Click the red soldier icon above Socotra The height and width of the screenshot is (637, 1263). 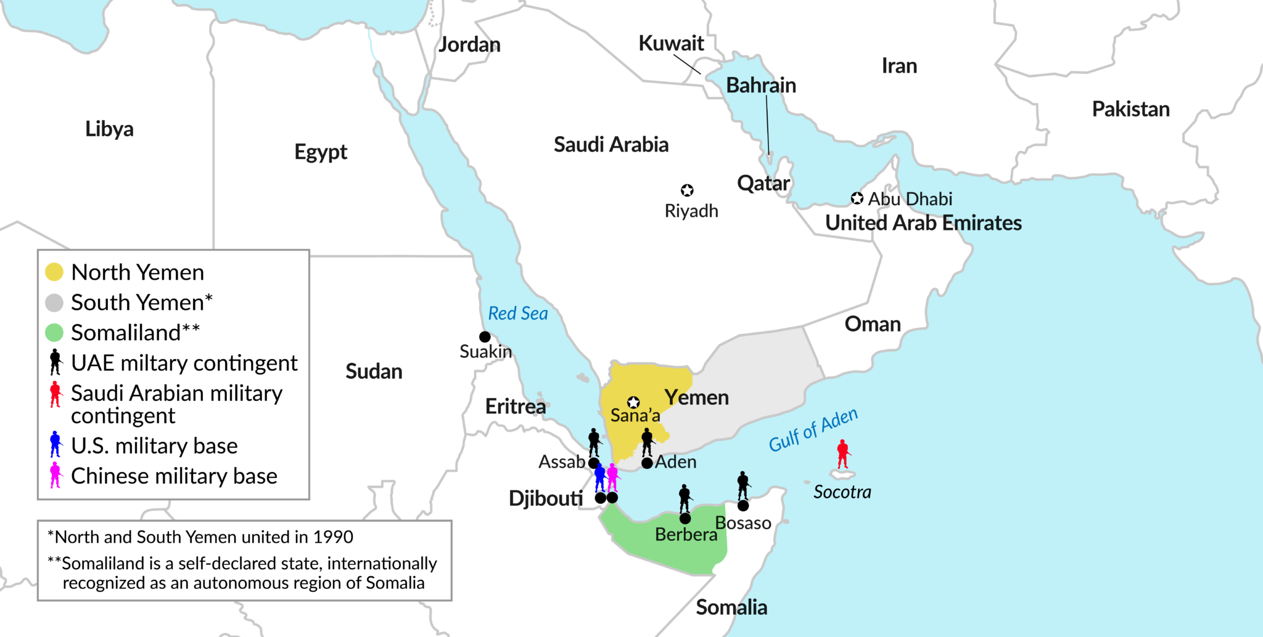click(843, 454)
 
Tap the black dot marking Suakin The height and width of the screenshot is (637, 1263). click(485, 337)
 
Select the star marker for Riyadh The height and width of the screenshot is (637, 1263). click(687, 190)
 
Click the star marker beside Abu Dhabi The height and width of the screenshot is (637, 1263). click(857, 198)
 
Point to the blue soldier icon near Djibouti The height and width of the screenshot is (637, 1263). click(600, 478)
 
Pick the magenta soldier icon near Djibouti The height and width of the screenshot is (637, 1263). click(612, 477)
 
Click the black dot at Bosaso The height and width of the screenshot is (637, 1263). click(743, 506)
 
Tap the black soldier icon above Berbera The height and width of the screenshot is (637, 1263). click(685, 498)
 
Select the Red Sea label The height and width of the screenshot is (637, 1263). click(517, 314)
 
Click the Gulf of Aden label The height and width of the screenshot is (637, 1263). click(813, 430)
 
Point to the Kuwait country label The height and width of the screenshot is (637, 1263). click(671, 43)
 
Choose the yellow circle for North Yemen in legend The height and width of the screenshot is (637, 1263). click(54, 272)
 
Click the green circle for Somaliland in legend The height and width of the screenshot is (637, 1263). click(54, 333)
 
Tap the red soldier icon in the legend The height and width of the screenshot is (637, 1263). click(56, 394)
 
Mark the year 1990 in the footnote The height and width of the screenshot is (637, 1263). click(333, 537)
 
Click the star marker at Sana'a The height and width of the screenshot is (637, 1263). click(633, 403)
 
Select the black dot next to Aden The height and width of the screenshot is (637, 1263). click(647, 463)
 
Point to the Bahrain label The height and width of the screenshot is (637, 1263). click(760, 85)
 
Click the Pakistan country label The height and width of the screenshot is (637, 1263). click(1130, 109)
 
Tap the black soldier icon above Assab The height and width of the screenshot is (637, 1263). click(594, 442)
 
